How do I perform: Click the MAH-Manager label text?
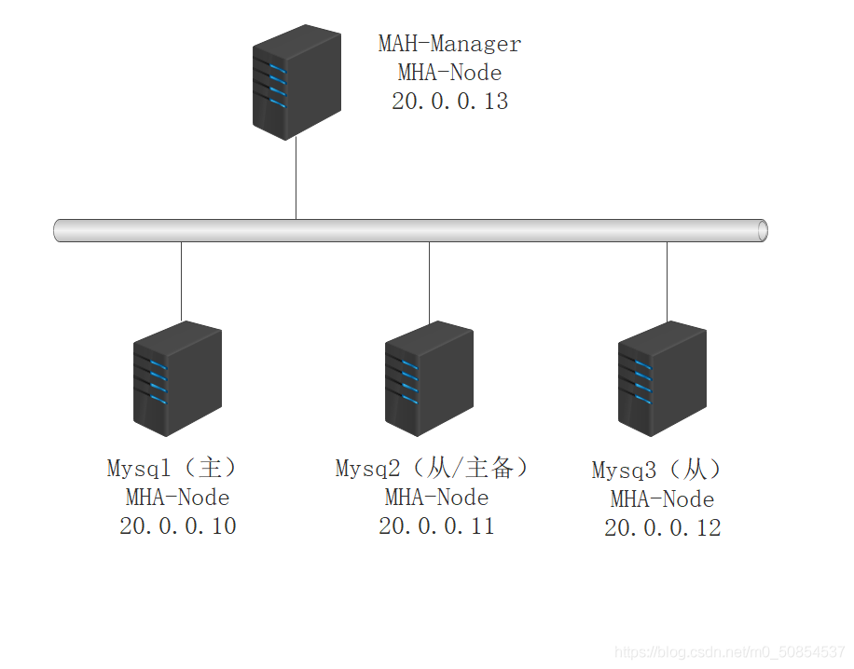pos(449,44)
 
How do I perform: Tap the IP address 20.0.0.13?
pos(449,102)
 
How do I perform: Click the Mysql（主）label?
pos(174,468)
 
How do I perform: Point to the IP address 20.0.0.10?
pos(177,526)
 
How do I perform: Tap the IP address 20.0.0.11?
pos(436,526)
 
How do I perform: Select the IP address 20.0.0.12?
pos(662,528)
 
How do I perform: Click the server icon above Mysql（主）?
pos(177,378)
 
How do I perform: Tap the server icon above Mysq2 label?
pos(429,378)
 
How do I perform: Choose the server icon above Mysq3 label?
pos(662,376)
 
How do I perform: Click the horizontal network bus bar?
pos(410,230)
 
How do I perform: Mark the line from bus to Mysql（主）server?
pos(181,280)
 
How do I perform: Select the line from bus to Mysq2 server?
pos(429,280)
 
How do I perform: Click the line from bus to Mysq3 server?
pos(667,280)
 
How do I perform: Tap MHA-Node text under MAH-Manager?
pos(449,73)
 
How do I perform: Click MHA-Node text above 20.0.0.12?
pos(662,499)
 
